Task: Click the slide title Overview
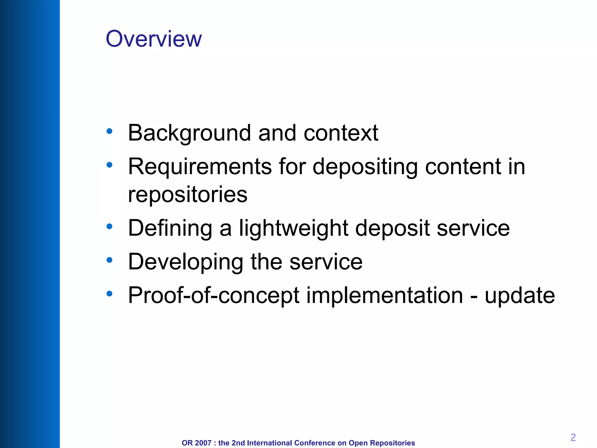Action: point(154,39)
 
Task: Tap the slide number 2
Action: point(573,437)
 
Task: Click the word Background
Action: point(189,133)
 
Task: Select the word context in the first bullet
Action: point(341,133)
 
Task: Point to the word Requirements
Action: point(200,167)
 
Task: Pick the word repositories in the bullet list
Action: point(188,194)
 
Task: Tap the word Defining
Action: point(170,228)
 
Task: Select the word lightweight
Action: point(294,228)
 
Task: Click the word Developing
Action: point(185,262)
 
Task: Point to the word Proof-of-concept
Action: point(214,295)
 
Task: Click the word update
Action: point(520,295)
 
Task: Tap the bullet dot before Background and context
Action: point(110,131)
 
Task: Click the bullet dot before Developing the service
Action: point(110,260)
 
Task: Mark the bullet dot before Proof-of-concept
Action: point(110,294)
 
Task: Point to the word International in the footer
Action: point(270,443)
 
